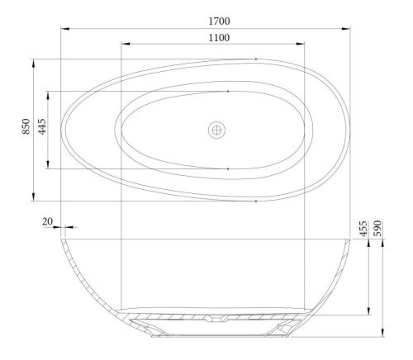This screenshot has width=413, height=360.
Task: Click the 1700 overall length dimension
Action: click(x=219, y=20)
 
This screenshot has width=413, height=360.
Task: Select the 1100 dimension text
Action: click(x=219, y=38)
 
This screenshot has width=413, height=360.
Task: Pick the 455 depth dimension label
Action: click(x=363, y=228)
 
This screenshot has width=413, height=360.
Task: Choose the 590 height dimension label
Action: click(x=379, y=228)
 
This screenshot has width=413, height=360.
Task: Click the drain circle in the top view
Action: click(x=216, y=130)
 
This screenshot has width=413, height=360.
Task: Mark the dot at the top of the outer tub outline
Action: click(x=256, y=59)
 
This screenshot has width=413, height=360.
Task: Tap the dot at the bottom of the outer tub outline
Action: click(x=256, y=201)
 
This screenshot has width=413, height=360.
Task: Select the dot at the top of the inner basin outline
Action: click(x=228, y=91)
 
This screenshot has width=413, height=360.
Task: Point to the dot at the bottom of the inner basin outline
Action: click(x=228, y=168)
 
